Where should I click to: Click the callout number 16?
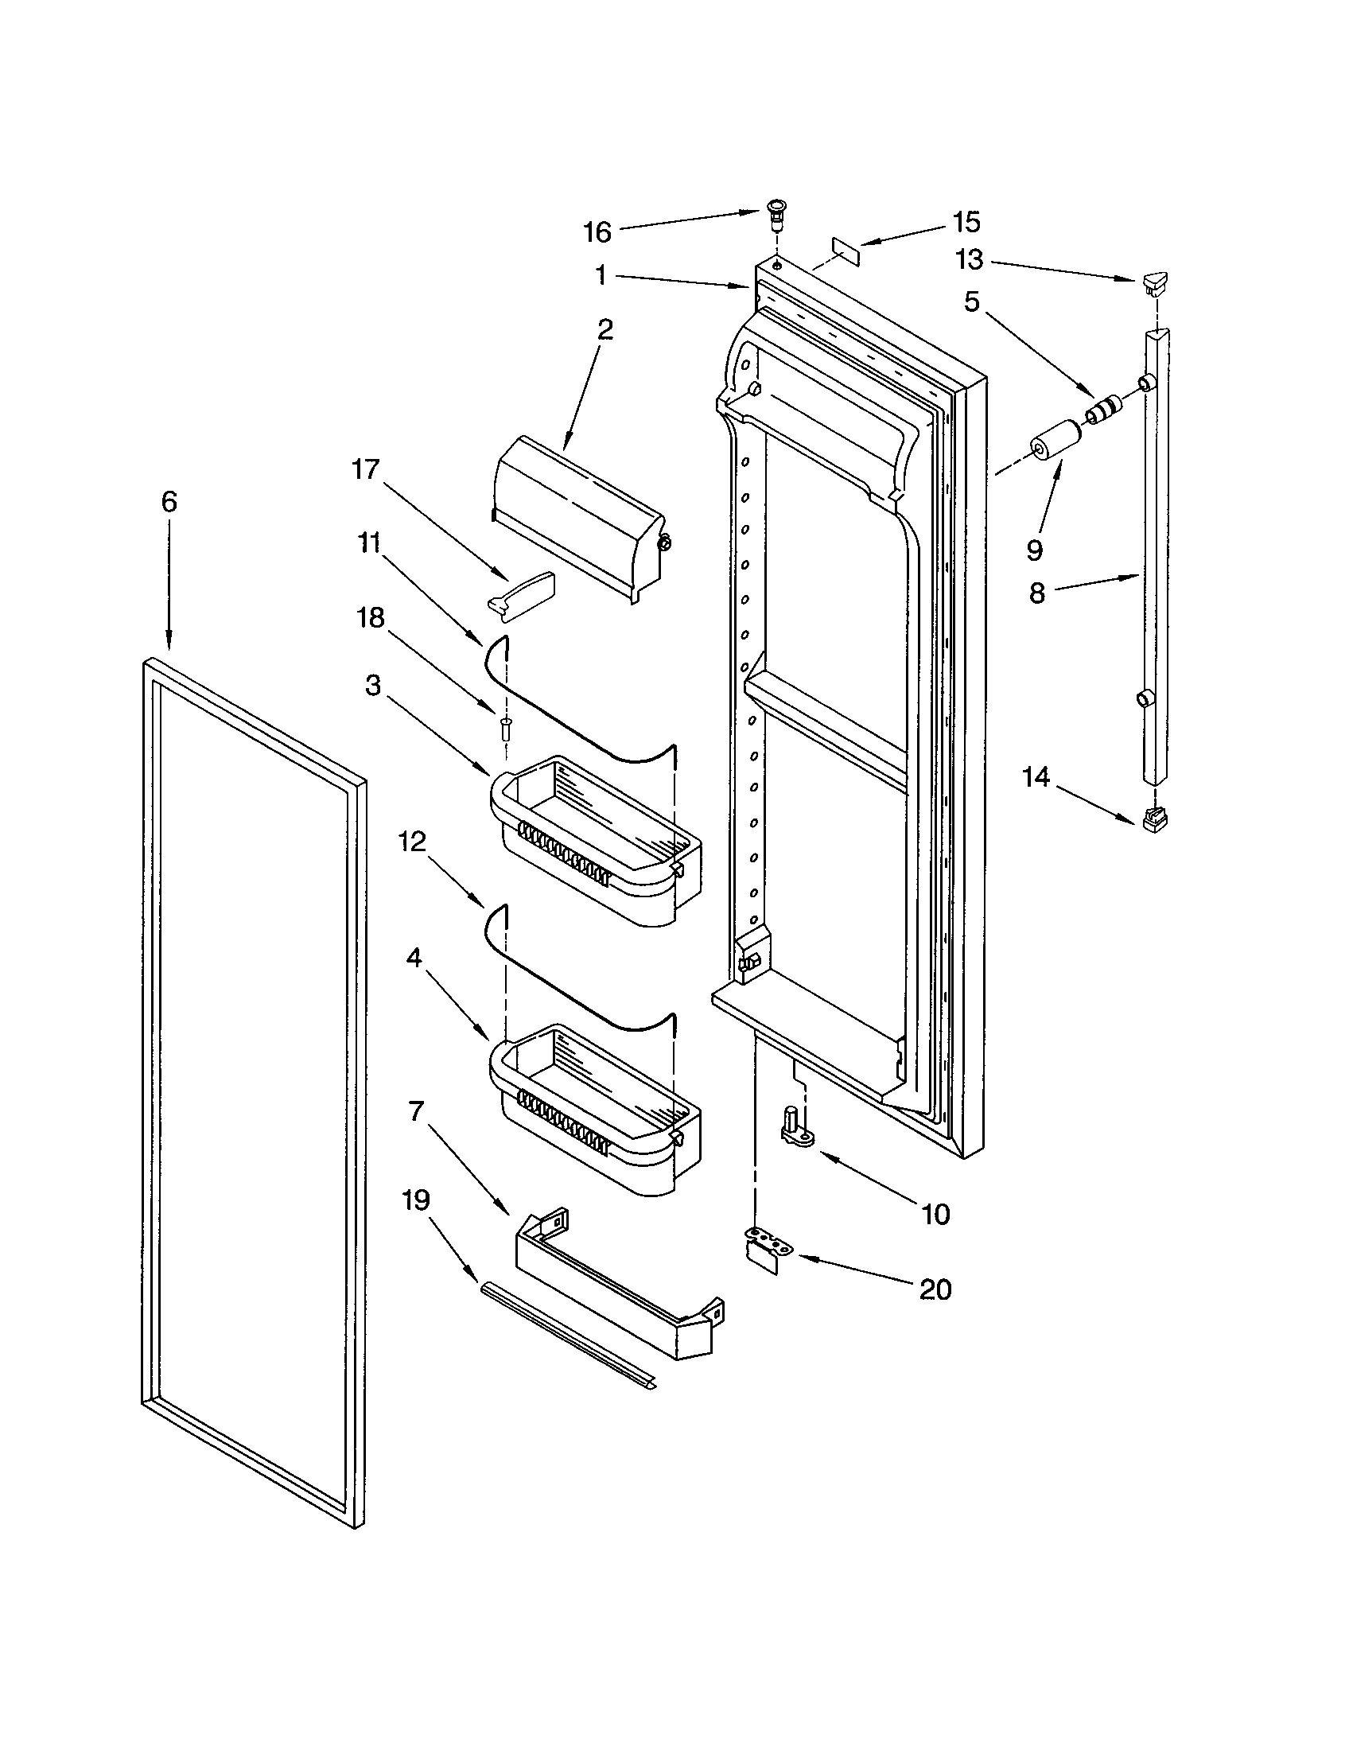point(597,232)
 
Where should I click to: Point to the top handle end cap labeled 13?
point(1153,282)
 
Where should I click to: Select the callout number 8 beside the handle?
point(1036,593)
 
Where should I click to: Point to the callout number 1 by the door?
point(601,276)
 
